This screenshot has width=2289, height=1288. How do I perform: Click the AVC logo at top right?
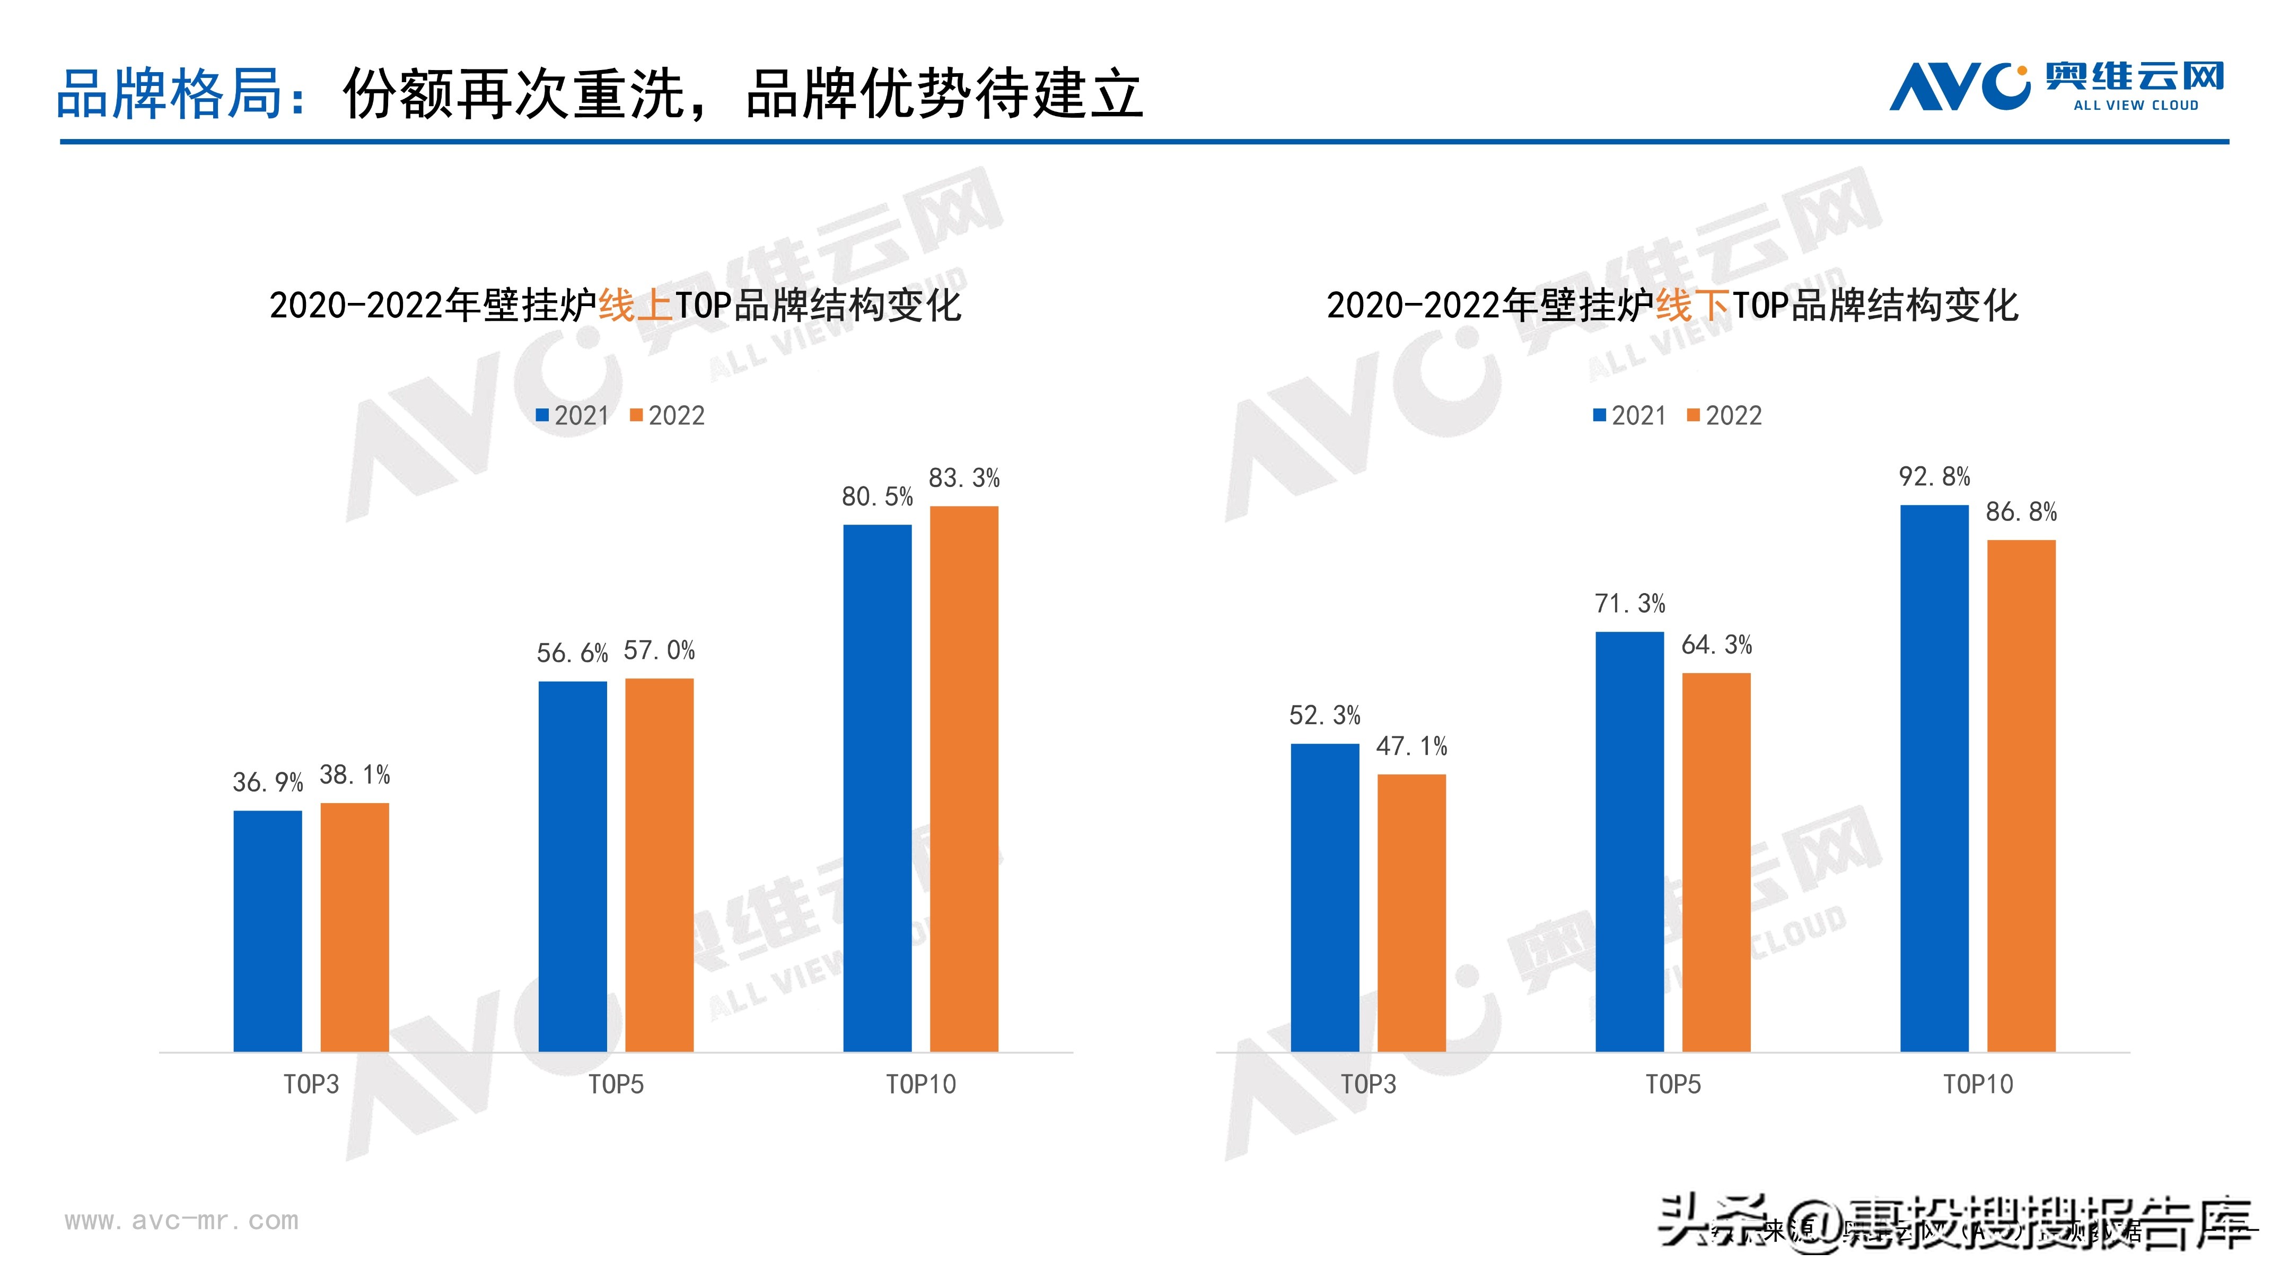2055,86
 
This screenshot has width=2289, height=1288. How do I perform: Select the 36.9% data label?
267,782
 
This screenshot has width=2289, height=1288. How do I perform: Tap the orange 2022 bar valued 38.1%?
355,927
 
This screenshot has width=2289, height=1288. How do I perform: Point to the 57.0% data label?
659,651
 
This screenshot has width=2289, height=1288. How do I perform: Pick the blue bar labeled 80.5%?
877,788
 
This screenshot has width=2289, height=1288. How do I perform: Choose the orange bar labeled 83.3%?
964,779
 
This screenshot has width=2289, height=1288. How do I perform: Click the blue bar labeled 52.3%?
1325,898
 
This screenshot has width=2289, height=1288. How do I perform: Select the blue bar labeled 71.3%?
1630,842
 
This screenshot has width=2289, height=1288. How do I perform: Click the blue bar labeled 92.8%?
1934,779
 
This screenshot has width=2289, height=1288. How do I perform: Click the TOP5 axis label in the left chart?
616,1084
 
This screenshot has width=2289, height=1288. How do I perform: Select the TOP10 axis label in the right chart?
1978,1084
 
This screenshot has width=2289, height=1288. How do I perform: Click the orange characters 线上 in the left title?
635,306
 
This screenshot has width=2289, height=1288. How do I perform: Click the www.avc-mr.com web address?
181,1221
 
